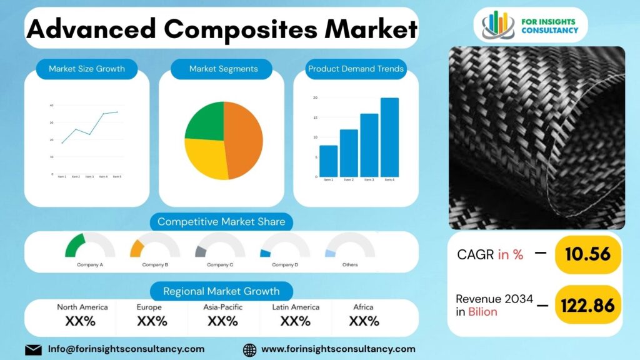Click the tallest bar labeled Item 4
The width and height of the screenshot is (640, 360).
[389, 137]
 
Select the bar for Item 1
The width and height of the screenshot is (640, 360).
[328, 161]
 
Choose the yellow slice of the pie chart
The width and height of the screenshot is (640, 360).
[205, 157]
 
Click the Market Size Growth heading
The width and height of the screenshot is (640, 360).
[87, 69]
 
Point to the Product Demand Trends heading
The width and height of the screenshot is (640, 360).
[356, 69]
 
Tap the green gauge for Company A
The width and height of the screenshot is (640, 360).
[75, 245]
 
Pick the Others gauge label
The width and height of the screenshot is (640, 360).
[350, 265]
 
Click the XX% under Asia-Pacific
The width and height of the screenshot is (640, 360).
[222, 321]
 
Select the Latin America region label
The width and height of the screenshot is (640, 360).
[296, 307]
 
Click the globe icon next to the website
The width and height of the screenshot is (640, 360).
[249, 349]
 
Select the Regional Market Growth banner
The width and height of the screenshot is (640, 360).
[222, 291]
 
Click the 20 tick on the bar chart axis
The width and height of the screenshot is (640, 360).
[316, 97]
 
